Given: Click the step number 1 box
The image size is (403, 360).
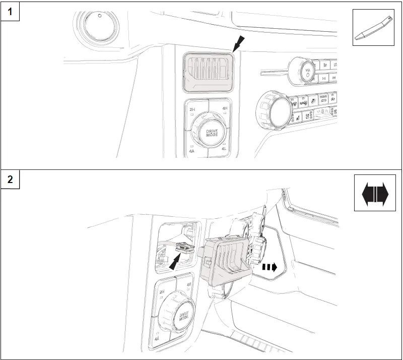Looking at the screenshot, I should click(10, 11).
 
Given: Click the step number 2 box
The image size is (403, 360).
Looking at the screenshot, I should click(10, 179).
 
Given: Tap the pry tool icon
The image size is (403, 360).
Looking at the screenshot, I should click(373, 28).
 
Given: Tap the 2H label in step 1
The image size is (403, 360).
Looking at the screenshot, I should click(191, 109).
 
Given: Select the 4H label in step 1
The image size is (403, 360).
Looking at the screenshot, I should click(225, 108).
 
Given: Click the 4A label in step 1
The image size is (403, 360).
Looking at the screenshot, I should click(192, 150).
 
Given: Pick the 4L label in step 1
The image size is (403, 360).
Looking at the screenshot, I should click(225, 150).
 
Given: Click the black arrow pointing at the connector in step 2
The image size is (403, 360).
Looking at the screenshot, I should click(176, 261).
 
